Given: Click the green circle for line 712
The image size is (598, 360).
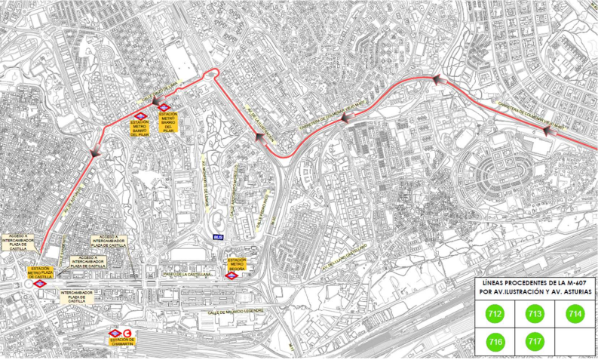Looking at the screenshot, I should (495, 312).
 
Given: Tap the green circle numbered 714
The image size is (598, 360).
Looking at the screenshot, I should (575, 312).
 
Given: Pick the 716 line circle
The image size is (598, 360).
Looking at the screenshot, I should (495, 341).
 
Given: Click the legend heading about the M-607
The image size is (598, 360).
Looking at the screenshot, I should (535, 286).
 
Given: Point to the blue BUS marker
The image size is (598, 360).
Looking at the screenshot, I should (219, 237).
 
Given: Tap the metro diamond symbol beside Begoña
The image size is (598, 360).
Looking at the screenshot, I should (235, 275).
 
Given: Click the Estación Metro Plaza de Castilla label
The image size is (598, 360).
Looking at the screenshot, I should (41, 272).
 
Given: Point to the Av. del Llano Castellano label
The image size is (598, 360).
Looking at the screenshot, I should (345, 258).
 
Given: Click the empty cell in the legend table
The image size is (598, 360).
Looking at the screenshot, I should (575, 341).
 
